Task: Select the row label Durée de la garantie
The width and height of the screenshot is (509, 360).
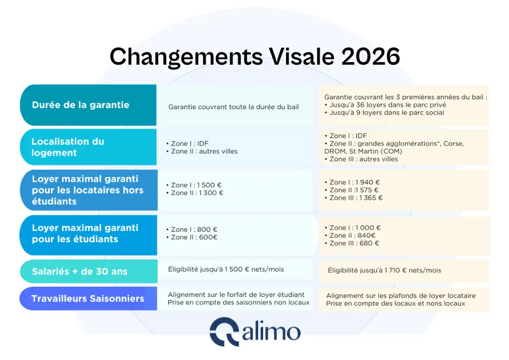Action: click(80, 105)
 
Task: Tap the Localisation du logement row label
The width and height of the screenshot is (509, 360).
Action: click(67, 147)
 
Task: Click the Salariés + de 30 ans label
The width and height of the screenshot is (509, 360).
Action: click(79, 271)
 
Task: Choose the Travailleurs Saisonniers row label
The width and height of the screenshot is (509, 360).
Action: click(88, 299)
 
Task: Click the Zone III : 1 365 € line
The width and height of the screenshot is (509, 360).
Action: click(356, 198)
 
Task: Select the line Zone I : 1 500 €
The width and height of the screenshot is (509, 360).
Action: click(196, 185)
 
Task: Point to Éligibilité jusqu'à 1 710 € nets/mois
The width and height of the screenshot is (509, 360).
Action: click(384, 270)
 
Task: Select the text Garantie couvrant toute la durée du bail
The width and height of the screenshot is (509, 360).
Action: click(234, 107)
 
